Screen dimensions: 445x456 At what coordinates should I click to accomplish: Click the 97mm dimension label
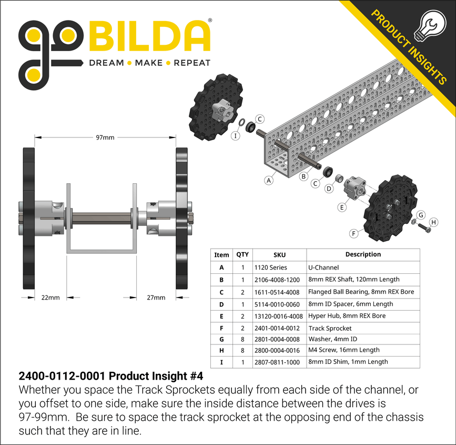[x=105, y=137]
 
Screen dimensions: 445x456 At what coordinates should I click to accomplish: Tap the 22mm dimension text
[x=50, y=298]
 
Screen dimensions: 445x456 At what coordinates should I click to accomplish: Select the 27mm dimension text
[x=156, y=298]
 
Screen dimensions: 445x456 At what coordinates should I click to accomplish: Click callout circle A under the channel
[x=269, y=180]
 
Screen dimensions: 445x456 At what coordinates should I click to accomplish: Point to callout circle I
[x=235, y=136]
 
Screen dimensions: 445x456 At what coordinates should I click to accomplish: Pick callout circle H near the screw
[x=433, y=222]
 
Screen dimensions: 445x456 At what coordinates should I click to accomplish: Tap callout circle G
[x=421, y=214]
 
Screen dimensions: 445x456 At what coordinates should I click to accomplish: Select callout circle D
[x=329, y=189]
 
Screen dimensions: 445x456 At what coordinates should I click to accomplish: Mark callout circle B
[x=303, y=176]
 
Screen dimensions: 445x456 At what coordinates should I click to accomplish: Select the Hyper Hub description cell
[x=363, y=316]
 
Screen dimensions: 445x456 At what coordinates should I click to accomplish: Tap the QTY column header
[x=242, y=254]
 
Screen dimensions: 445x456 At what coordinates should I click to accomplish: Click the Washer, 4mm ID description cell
[x=363, y=339]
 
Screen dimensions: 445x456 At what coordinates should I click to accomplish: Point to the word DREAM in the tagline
[x=106, y=63]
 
